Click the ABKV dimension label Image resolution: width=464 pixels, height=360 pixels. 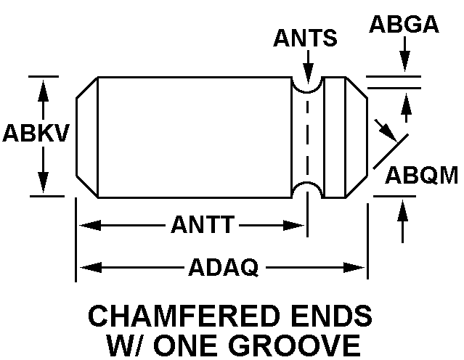click(36, 134)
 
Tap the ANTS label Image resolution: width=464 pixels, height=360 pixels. click(305, 38)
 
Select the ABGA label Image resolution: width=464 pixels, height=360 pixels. click(404, 24)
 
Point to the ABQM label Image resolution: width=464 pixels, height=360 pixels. click(421, 176)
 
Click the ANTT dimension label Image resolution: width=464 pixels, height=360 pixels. click(203, 226)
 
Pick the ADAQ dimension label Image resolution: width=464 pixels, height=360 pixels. click(223, 268)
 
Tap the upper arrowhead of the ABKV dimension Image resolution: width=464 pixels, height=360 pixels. click(44, 86)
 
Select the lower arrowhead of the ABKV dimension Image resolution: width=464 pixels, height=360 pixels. click(44, 184)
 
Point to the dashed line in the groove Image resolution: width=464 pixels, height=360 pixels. click(307, 138)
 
